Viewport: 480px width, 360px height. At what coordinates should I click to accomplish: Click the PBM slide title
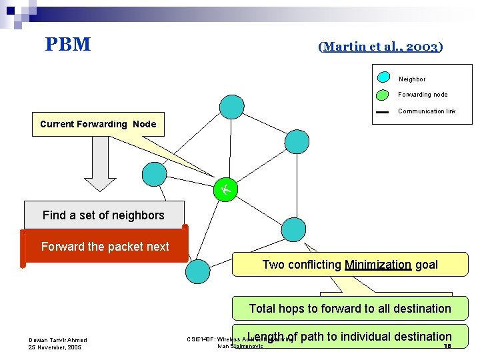(x=68, y=45)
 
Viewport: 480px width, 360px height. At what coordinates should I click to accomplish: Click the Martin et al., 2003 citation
(x=381, y=47)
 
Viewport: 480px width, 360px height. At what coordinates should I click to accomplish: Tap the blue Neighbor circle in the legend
(x=384, y=77)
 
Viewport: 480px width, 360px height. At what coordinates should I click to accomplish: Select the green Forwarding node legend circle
(x=384, y=94)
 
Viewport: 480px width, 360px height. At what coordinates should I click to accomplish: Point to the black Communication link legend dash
(x=382, y=112)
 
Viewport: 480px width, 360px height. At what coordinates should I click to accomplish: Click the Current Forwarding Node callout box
(x=98, y=124)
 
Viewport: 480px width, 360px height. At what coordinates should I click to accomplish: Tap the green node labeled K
(x=226, y=191)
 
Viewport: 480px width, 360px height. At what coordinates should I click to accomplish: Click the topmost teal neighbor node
(x=232, y=107)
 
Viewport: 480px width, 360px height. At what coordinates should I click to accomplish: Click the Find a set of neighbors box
(x=103, y=215)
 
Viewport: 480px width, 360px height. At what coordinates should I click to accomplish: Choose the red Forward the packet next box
(x=105, y=247)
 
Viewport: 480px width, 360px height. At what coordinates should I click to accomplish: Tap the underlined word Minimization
(x=378, y=265)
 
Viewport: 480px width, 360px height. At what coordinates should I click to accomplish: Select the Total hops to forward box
(x=350, y=309)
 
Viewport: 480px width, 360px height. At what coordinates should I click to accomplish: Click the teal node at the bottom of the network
(x=197, y=271)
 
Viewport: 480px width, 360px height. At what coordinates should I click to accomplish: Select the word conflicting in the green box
(x=314, y=265)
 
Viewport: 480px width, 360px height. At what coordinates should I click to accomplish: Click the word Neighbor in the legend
(x=412, y=79)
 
